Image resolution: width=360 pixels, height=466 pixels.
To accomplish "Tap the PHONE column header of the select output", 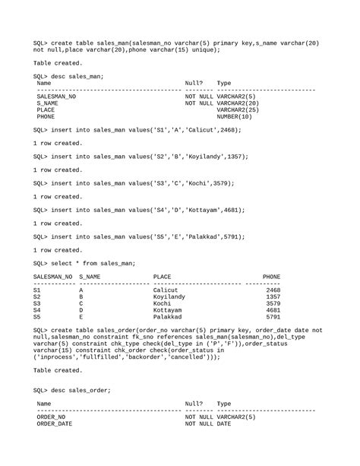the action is coord(271,277).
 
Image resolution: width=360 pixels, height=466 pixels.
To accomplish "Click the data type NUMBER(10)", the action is coord(234,117).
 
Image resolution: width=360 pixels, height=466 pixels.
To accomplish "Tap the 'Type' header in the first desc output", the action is coord(224,83).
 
